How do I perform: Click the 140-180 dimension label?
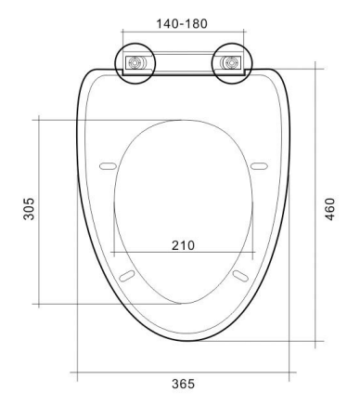click(x=182, y=23)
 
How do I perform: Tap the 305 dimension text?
click(x=30, y=209)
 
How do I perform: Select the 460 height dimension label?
click(x=330, y=209)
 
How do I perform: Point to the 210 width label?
click(x=184, y=245)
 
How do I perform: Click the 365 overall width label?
click(x=184, y=384)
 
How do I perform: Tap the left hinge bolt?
click(x=135, y=63)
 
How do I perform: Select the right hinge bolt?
click(x=231, y=63)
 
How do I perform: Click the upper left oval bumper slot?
click(x=108, y=166)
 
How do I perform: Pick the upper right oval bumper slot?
click(x=259, y=166)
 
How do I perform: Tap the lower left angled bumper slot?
click(x=127, y=276)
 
